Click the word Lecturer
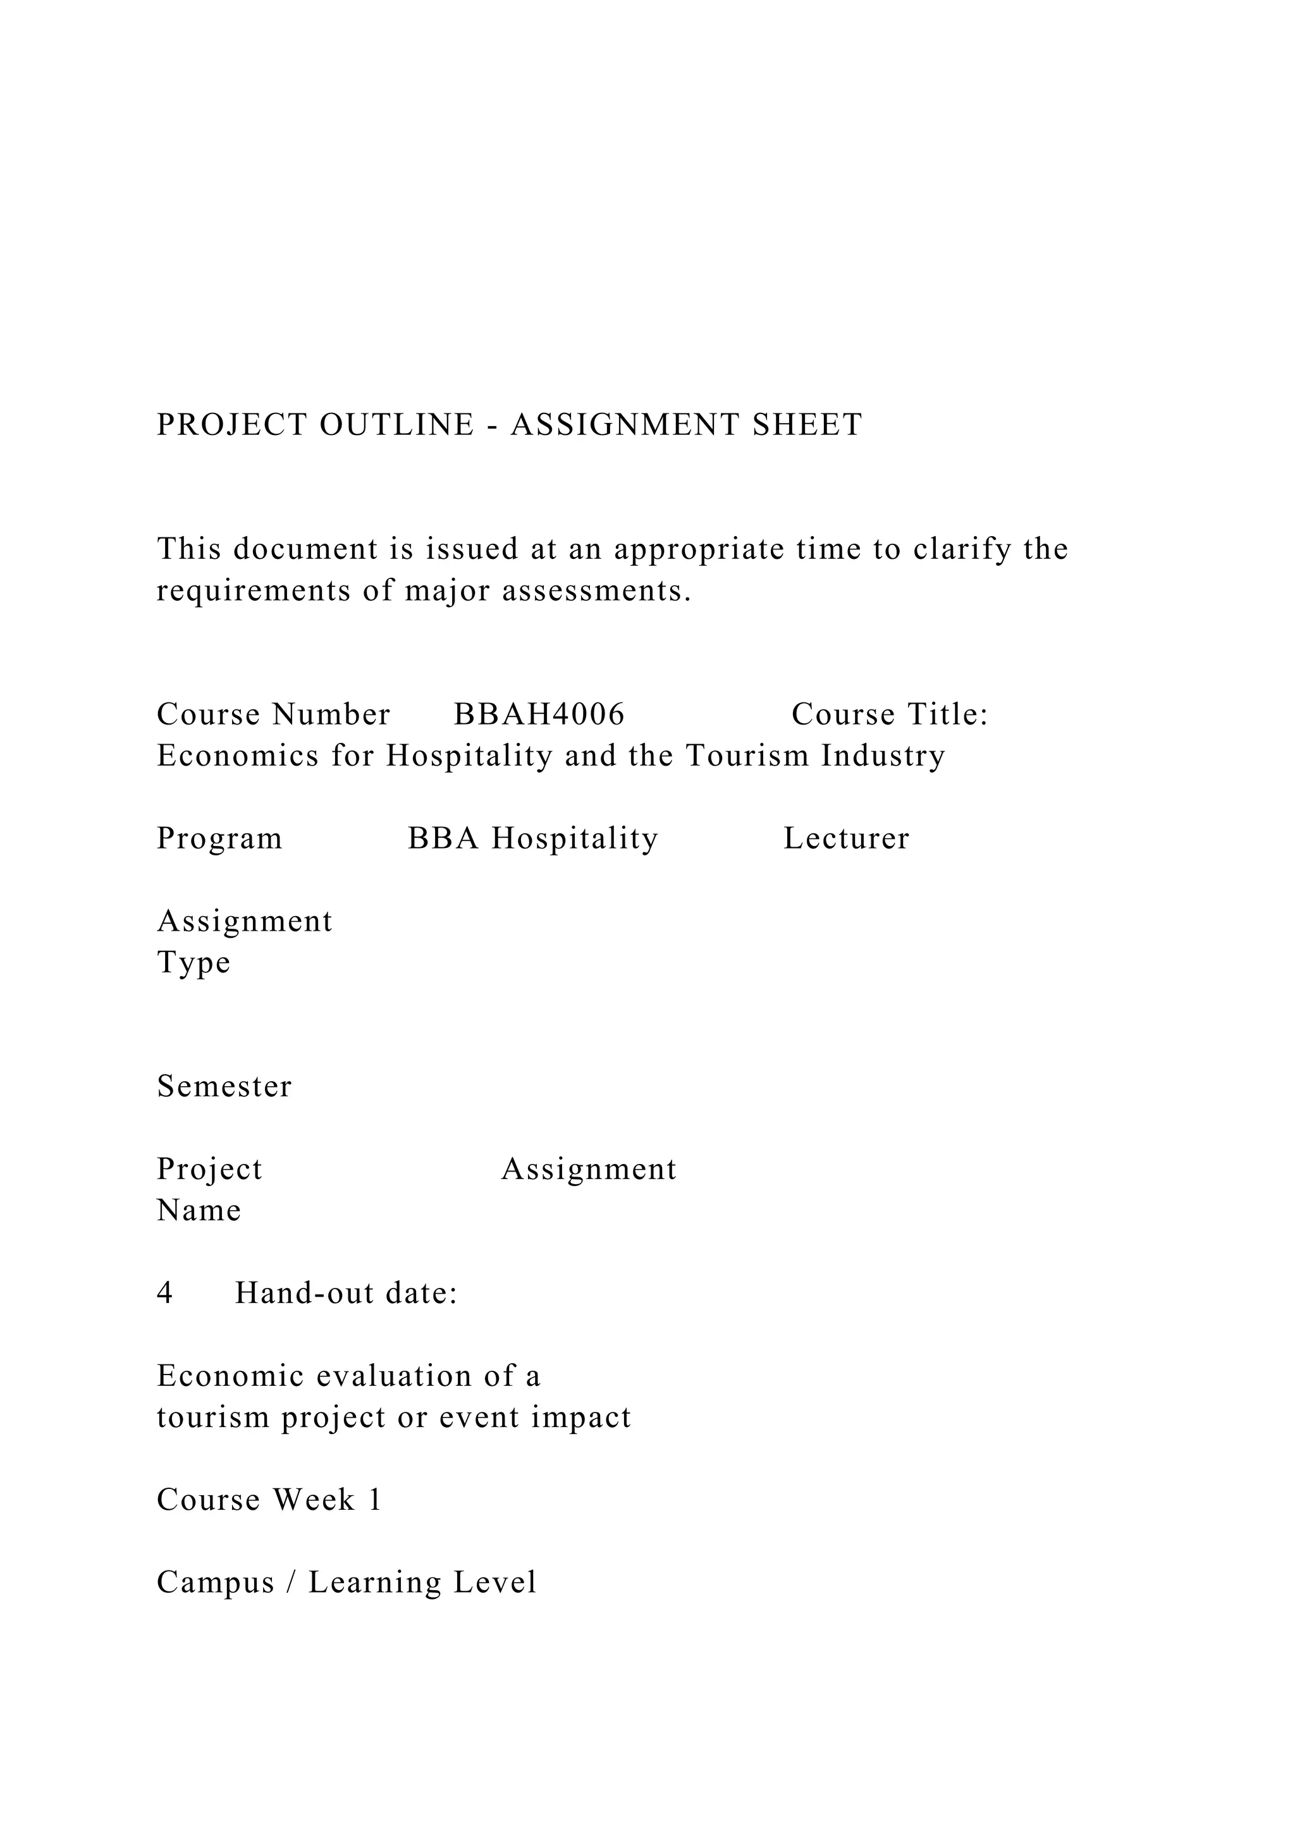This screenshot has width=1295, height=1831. click(x=846, y=839)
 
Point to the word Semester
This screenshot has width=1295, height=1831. click(x=225, y=1087)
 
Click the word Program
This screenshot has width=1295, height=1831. click(x=219, y=839)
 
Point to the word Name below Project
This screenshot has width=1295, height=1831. click(x=199, y=1211)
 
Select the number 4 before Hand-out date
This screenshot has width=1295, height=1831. click(x=165, y=1294)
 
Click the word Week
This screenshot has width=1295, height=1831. click(x=314, y=1500)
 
